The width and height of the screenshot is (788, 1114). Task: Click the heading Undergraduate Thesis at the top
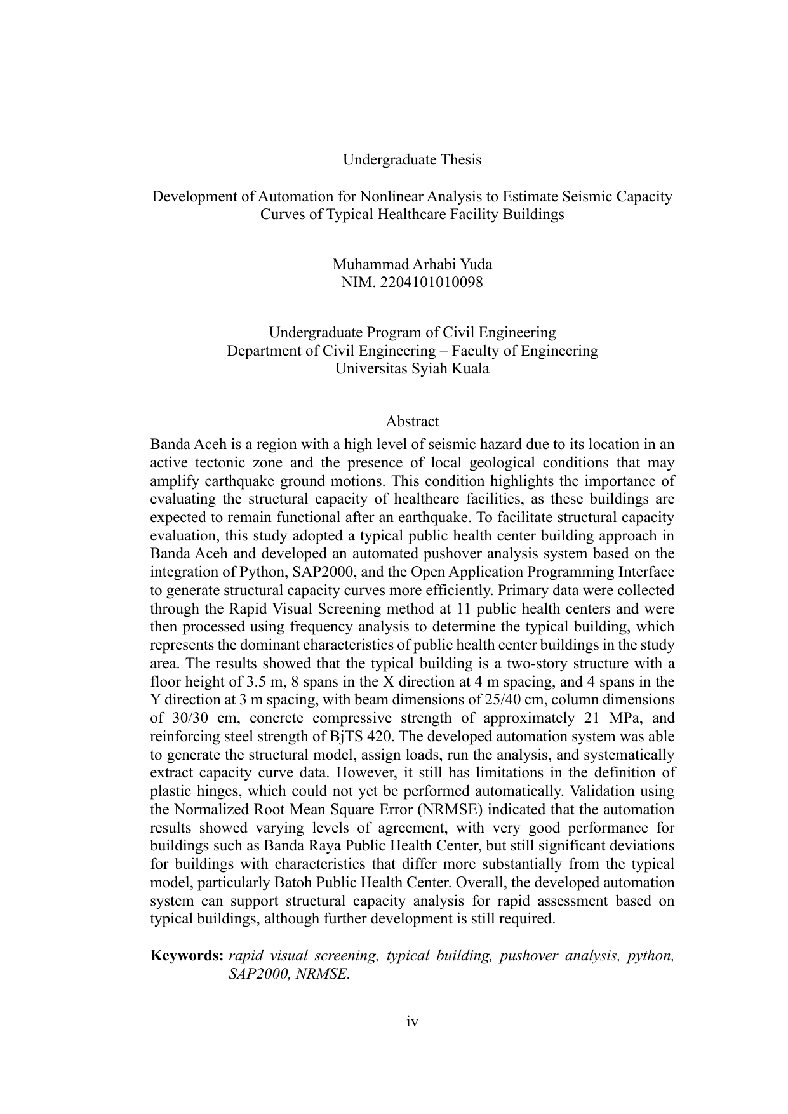click(412, 159)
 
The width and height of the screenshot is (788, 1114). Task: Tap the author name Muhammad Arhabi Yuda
click(412, 264)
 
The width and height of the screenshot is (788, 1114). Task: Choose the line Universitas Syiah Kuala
click(412, 368)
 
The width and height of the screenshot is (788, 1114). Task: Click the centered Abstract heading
click(412, 421)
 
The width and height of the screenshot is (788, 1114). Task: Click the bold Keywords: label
click(187, 956)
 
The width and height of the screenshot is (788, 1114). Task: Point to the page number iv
click(412, 1021)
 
